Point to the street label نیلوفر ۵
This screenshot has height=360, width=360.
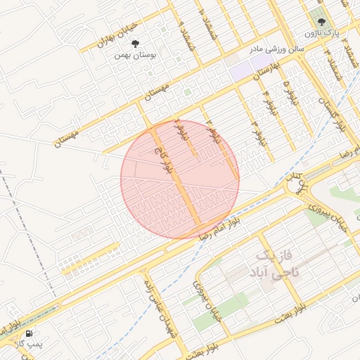point(287,90)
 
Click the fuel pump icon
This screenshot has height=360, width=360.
point(29,333)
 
